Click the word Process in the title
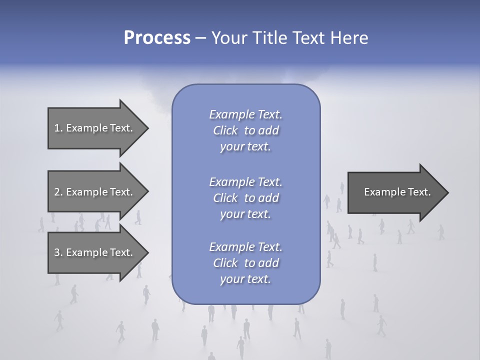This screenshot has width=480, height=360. [157, 38]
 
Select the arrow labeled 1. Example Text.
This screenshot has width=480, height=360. [94, 128]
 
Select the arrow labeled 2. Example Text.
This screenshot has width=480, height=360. [94, 192]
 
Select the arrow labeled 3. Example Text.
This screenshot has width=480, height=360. [94, 252]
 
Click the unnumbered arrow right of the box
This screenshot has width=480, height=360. [395, 192]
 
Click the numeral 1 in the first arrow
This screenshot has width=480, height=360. [56, 128]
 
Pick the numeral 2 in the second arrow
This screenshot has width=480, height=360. [56, 192]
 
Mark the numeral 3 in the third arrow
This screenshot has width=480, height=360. [56, 252]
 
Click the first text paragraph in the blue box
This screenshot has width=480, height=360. [245, 130]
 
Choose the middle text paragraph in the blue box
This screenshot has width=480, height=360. [245, 197]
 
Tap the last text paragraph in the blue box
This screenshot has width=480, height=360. [245, 263]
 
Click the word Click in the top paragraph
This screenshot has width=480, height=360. [225, 130]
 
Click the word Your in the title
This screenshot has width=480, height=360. [227, 38]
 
